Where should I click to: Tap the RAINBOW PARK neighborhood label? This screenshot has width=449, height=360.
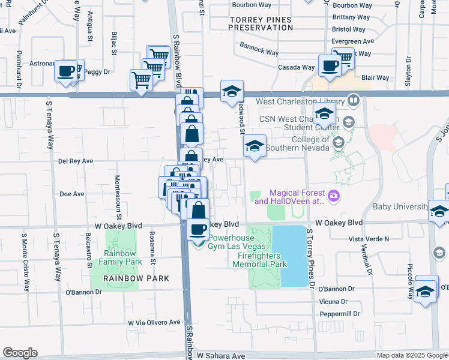(x=136, y=278)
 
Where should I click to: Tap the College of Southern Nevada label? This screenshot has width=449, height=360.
(x=301, y=144)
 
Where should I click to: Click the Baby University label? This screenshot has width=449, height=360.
(x=401, y=207)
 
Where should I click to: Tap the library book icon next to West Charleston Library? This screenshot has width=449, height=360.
(x=354, y=100)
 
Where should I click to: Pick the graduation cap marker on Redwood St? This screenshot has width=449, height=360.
(x=255, y=146)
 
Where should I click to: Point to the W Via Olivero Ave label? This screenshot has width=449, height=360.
(x=154, y=322)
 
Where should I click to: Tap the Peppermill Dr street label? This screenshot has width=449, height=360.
(x=339, y=314)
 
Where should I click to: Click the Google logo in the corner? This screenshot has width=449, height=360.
(x=20, y=353)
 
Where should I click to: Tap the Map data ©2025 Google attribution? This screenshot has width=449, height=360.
(x=411, y=355)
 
